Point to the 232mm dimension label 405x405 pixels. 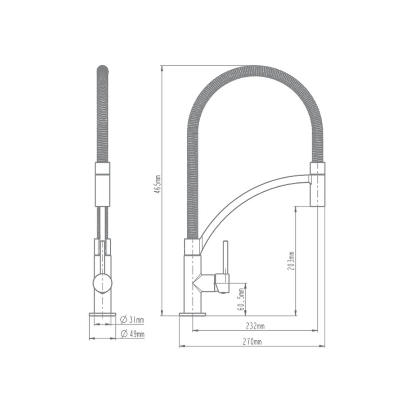click(x=255, y=325)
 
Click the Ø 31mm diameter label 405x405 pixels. click(x=133, y=320)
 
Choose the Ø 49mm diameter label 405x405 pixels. click(x=133, y=333)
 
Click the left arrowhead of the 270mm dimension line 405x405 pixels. click(x=181, y=346)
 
